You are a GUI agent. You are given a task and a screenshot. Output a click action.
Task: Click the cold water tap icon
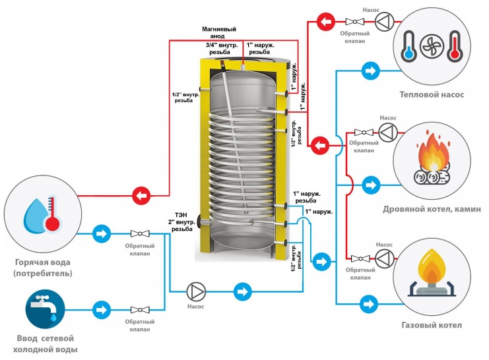pyautogui.click(x=46, y=309)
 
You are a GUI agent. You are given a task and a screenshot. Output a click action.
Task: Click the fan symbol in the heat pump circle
pyautogui.click(x=432, y=46)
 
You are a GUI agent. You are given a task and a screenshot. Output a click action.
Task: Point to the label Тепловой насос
pyautogui.click(x=432, y=94)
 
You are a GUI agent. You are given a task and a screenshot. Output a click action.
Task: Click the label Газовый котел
pyautogui.click(x=432, y=325)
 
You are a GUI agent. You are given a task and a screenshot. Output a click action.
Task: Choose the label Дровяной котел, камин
pyautogui.click(x=432, y=209)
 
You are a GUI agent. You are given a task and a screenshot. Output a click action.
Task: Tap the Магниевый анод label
pyautogui.click(x=219, y=32)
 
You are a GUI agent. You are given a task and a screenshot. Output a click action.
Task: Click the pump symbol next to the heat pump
pyautogui.click(x=384, y=22)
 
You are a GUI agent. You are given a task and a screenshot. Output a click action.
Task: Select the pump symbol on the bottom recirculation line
pyautogui.click(x=196, y=291)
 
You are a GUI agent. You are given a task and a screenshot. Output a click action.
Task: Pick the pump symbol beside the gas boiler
pyautogui.click(x=385, y=258)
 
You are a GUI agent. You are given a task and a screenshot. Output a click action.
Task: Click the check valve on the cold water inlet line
pyautogui.click(x=140, y=310)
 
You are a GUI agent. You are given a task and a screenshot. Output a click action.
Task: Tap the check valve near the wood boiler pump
pyautogui.click(x=364, y=133)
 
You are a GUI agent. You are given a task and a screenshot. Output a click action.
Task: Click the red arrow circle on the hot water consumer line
pyautogui.click(x=141, y=196)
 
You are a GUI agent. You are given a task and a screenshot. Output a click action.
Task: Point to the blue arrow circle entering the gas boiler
pyautogui.click(x=369, y=303)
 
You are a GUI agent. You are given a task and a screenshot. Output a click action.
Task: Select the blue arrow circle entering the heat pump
pyautogui.click(x=370, y=71)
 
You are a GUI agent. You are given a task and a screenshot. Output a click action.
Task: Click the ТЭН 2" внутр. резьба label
pyautogui.click(x=181, y=222)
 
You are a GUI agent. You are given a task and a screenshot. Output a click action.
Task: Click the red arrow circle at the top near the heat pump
pyautogui.click(x=326, y=22)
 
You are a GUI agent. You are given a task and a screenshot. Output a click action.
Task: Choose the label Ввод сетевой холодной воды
pyautogui.click(x=46, y=344)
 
